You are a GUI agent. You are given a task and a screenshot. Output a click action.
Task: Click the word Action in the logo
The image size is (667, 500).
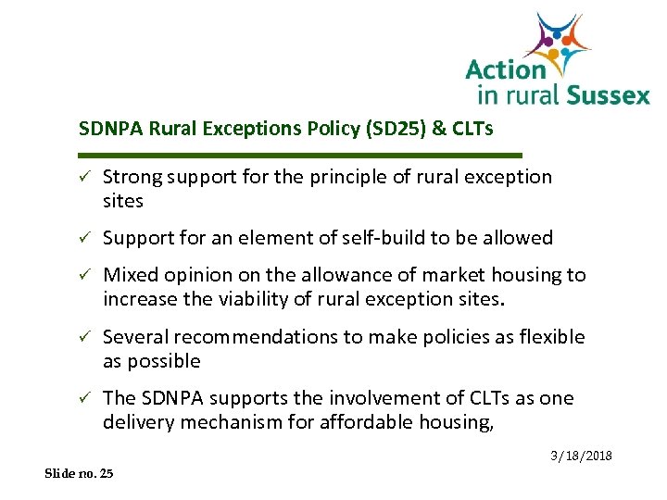coord(505,69)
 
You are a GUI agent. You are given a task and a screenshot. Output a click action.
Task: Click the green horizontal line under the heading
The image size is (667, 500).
coord(301,155)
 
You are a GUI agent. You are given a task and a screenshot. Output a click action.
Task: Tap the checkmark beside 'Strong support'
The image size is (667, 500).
coord(85,177)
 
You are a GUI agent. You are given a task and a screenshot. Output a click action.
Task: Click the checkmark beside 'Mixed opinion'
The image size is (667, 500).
coord(85,275)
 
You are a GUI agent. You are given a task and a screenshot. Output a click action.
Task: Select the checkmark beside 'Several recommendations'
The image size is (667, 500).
coord(85,337)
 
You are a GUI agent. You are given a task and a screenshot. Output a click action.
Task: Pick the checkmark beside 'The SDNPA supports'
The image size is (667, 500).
coord(85,399)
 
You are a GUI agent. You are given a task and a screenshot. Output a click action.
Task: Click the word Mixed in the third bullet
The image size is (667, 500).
coord(130,275)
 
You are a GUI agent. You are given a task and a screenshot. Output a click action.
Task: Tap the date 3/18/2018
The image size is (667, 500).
coord(581,456)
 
